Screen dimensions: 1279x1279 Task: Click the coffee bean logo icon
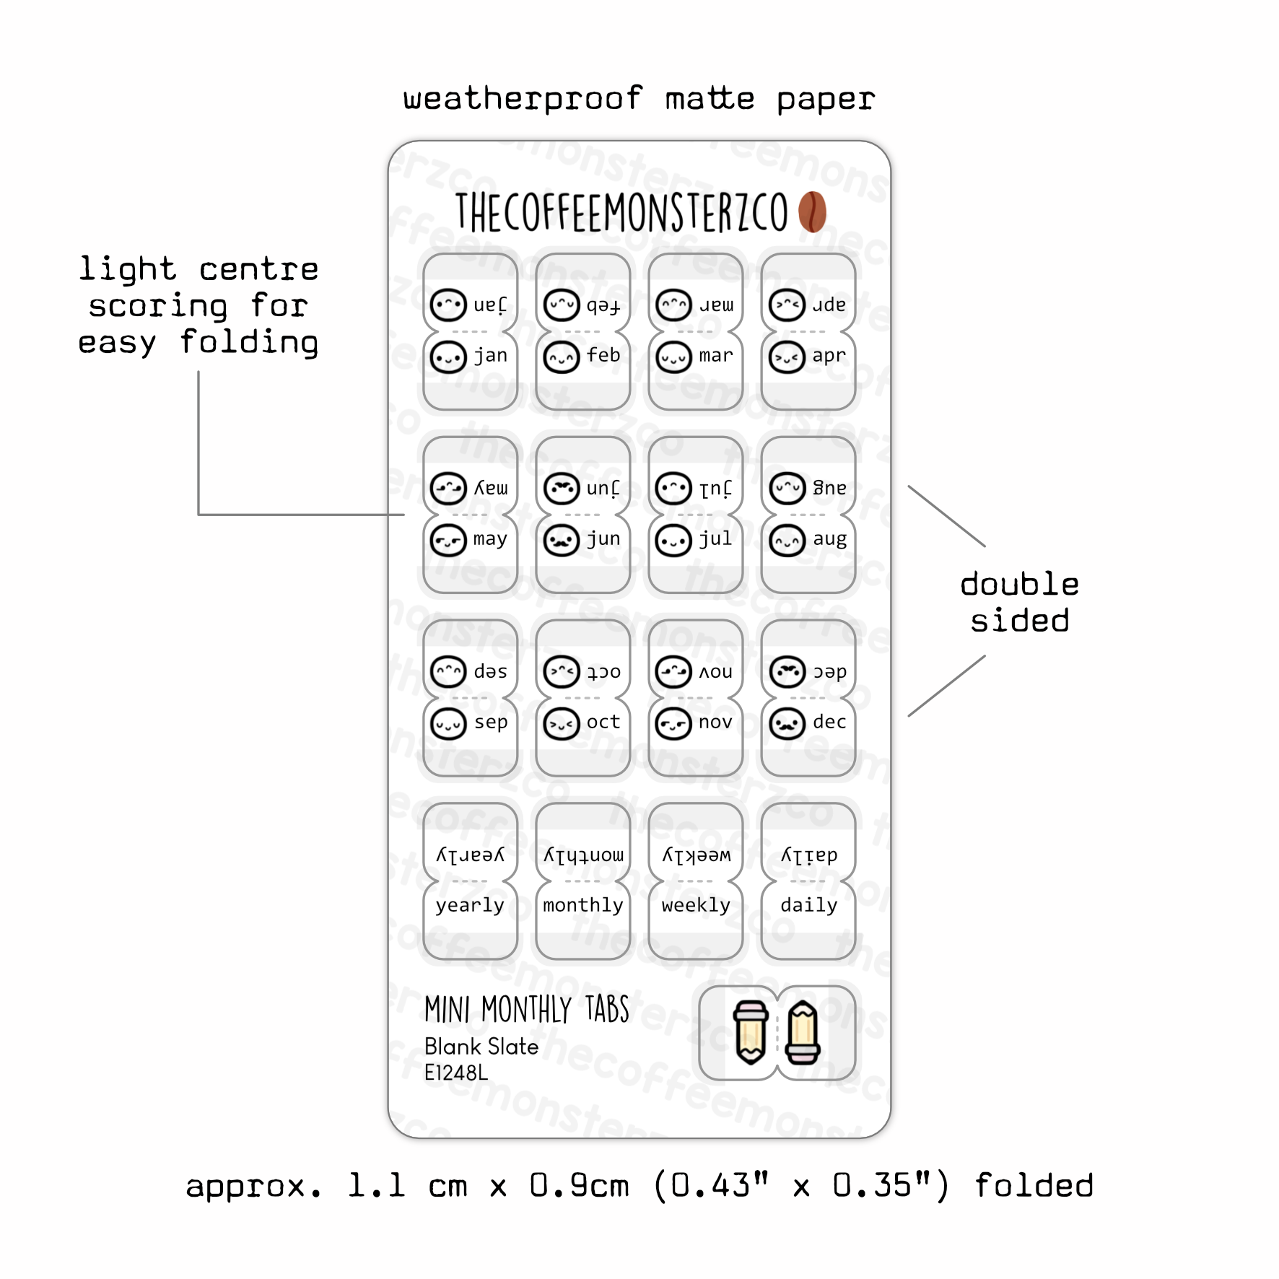pyautogui.click(x=812, y=211)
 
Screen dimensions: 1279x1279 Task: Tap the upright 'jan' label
pyautogui.click(x=490, y=356)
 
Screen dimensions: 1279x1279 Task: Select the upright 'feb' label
pyautogui.click(x=603, y=356)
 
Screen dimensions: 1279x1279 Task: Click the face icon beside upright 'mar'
pyautogui.click(x=673, y=357)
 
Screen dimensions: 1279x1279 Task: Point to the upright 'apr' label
pyautogui.click(x=829, y=356)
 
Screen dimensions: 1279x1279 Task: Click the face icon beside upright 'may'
pyautogui.click(x=448, y=541)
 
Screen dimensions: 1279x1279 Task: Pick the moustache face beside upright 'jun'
pyautogui.click(x=561, y=541)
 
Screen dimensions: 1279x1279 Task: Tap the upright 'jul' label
pyautogui.click(x=715, y=539)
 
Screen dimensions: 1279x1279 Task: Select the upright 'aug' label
pyautogui.click(x=829, y=539)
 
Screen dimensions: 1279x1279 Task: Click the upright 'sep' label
pyautogui.click(x=491, y=723)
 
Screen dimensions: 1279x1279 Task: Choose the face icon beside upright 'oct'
pyautogui.click(x=561, y=724)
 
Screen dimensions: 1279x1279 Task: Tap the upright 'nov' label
pyautogui.click(x=715, y=723)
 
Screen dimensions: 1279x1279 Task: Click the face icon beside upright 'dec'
pyautogui.click(x=787, y=724)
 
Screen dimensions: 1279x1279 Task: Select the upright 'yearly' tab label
pyautogui.click(x=470, y=906)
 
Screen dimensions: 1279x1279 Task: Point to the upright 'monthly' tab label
pyautogui.click(x=582, y=906)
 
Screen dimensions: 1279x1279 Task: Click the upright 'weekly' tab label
pyautogui.click(x=696, y=906)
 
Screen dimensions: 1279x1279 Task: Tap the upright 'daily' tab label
pyautogui.click(x=808, y=906)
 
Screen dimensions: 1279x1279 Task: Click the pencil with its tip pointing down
pyautogui.click(x=751, y=1033)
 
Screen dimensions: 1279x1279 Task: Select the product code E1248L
pyautogui.click(x=456, y=1073)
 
